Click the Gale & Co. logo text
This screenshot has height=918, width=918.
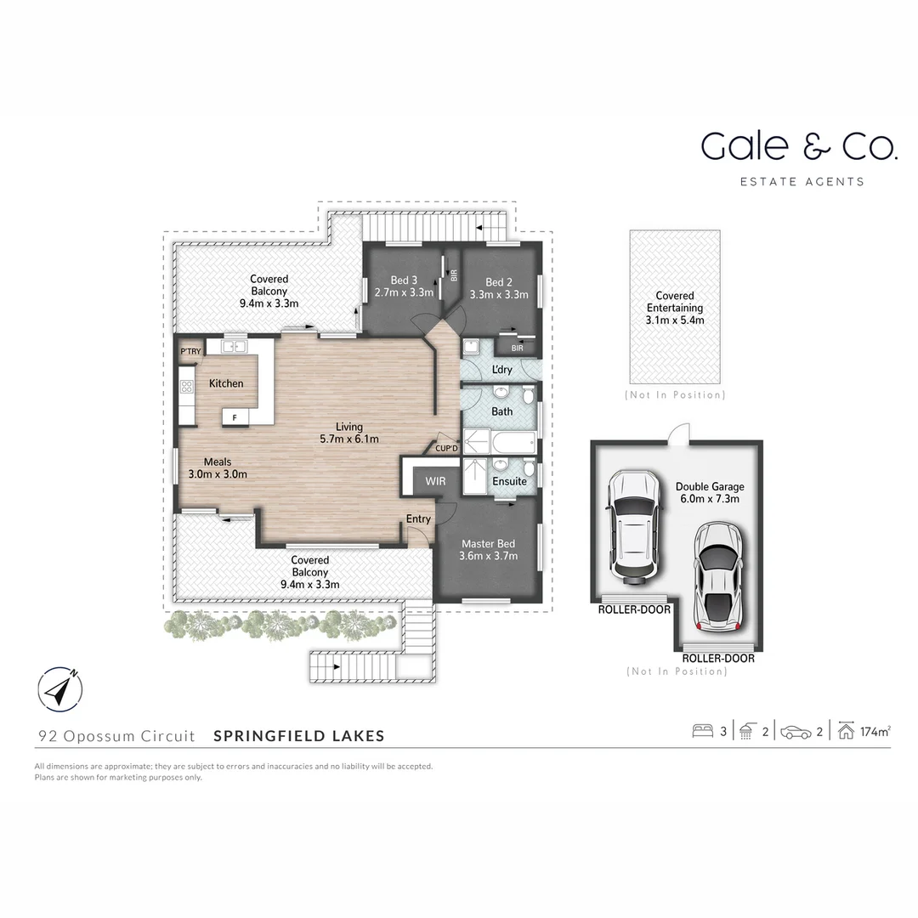point(798,146)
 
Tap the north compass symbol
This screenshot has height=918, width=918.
point(59,689)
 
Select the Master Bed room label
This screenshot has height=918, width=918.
point(488,544)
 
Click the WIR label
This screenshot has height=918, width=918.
point(435,481)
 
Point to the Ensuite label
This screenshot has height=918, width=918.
point(509,481)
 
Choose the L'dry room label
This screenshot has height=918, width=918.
point(501,369)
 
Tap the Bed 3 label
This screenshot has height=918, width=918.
point(404,280)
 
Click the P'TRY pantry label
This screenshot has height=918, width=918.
point(190,351)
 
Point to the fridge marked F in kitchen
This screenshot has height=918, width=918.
point(235,416)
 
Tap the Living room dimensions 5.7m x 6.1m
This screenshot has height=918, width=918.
point(348,439)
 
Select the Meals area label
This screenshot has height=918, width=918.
point(217,462)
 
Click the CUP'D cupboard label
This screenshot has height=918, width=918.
point(446,448)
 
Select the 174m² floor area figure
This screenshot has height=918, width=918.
point(875,731)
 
